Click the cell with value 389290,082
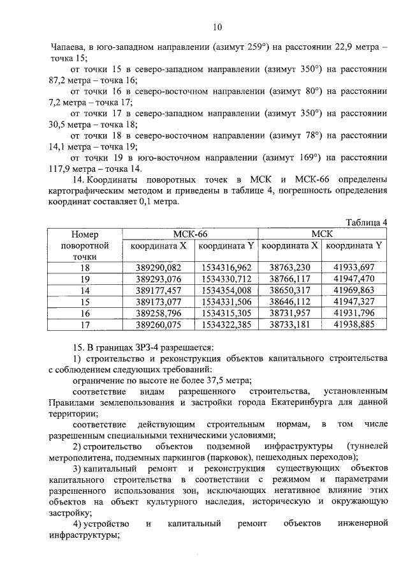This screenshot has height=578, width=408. [159, 268]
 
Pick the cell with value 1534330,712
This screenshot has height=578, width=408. [226, 279]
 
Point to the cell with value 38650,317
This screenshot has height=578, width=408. [290, 291]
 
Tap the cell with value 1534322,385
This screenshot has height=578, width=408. [226, 325]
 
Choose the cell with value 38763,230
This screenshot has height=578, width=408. [290, 268]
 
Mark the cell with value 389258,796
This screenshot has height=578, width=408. [159, 314]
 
